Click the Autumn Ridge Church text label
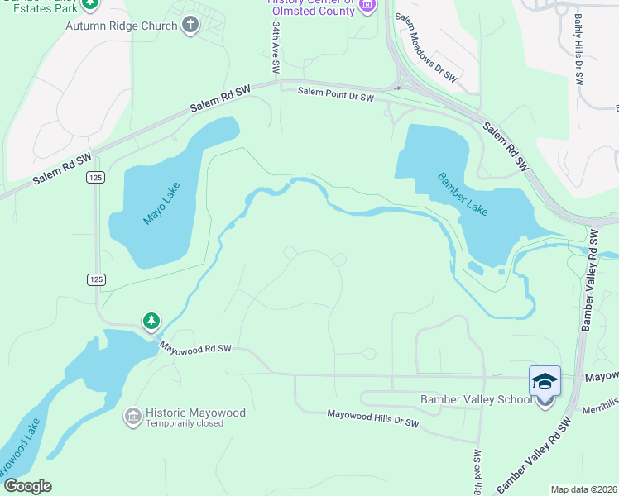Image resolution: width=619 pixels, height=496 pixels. (x=122, y=26)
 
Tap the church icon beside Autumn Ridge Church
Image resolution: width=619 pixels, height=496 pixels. (x=190, y=25)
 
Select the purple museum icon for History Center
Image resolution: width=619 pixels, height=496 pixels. (x=368, y=6)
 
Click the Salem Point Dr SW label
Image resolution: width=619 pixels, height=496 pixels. (x=337, y=98)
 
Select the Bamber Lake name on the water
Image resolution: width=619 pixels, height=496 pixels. (x=463, y=193)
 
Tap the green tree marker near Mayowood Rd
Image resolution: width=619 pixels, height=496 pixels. (x=151, y=320)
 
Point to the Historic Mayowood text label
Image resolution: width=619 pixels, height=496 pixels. (x=191, y=413)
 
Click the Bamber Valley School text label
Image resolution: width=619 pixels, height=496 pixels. (x=476, y=400)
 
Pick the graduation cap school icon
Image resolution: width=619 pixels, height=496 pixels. (x=545, y=380)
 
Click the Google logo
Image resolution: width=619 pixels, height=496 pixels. (x=27, y=485)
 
